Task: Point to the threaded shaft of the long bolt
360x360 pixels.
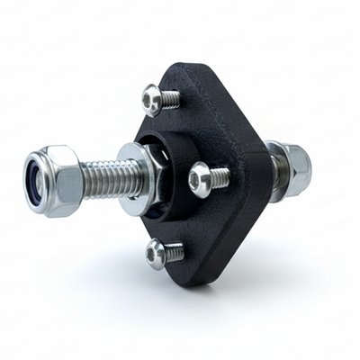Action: point(113,178)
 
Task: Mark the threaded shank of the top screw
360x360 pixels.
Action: point(171,99)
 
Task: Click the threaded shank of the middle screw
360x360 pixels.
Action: point(219,177)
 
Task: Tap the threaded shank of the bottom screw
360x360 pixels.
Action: point(175,253)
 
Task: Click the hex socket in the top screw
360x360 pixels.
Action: point(150,98)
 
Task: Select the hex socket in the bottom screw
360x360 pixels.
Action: point(154,254)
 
